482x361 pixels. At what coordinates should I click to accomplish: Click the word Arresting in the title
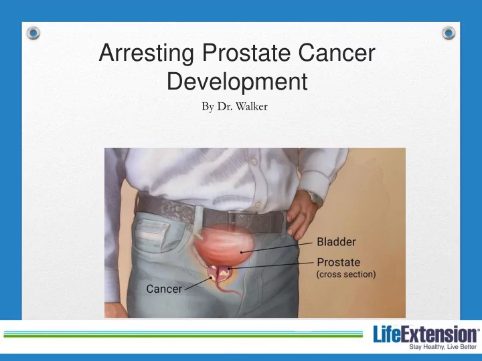(147, 53)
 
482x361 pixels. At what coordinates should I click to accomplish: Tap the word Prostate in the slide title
(246, 53)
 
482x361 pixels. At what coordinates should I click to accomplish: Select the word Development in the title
(237, 82)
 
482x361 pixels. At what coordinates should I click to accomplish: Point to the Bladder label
(336, 242)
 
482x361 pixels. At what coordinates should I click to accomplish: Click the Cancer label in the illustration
(164, 289)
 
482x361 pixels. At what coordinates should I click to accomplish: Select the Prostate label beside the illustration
(339, 262)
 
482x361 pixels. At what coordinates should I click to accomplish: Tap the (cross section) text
(346, 274)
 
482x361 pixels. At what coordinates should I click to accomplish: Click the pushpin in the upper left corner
(33, 33)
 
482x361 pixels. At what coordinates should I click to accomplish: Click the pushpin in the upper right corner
(449, 33)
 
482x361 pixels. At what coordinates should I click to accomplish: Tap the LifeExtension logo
(426, 334)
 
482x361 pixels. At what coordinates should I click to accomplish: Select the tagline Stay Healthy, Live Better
(443, 347)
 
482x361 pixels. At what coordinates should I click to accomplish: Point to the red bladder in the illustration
(224, 245)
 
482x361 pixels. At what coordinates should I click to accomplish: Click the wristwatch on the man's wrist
(315, 197)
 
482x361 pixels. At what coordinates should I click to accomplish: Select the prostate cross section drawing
(220, 274)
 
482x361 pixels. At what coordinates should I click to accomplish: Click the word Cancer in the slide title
(337, 53)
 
